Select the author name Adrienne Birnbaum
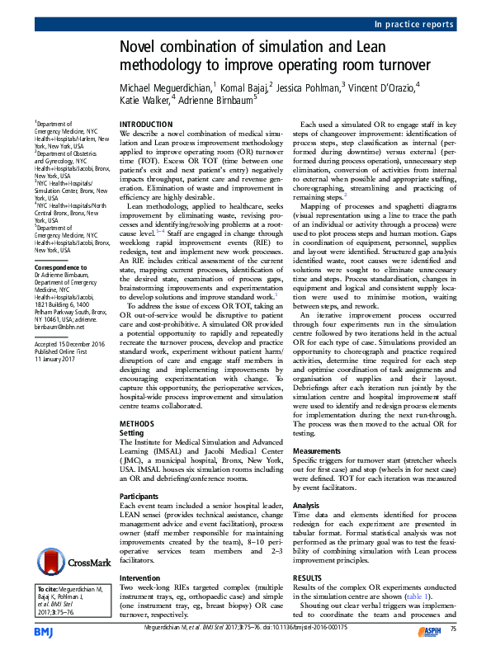pyautogui.click(x=217, y=101)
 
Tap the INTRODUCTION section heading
pyautogui.click(x=146, y=124)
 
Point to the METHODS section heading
pyautogui.click(x=137, y=423)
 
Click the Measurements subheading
pyautogui.click(x=317, y=452)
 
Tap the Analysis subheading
pyautogui.click(x=306, y=505)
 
